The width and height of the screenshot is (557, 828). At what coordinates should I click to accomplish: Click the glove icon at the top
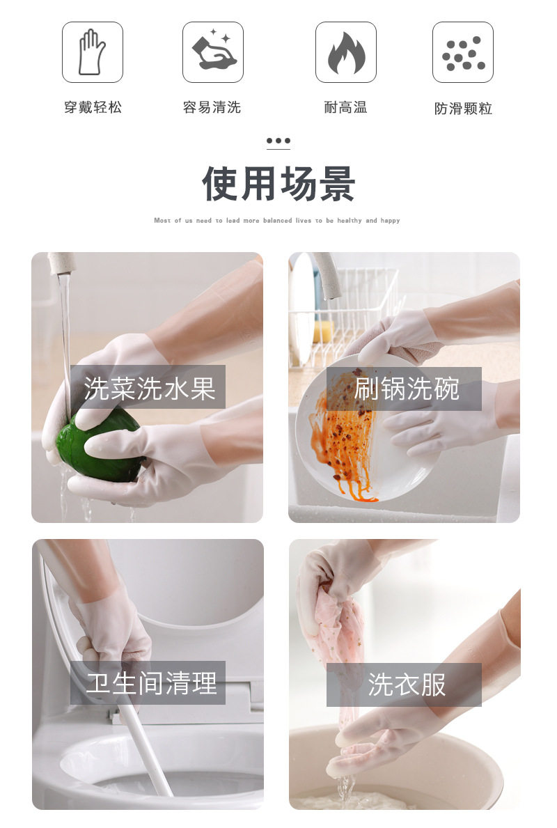[x=93, y=52]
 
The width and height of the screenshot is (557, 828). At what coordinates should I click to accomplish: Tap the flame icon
[x=346, y=52]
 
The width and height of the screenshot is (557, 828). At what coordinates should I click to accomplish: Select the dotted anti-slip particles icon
[x=463, y=52]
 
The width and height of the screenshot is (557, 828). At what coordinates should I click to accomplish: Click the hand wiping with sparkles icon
[x=213, y=52]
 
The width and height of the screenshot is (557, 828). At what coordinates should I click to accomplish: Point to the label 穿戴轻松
[x=93, y=108]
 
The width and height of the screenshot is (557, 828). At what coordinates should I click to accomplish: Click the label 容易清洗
[x=212, y=108]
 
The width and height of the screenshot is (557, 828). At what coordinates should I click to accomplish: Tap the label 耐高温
[x=346, y=108]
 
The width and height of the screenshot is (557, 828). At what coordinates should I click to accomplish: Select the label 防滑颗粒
[x=463, y=109]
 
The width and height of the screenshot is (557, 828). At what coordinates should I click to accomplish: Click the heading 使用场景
[x=278, y=184]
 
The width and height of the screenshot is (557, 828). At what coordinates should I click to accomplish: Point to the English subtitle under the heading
[x=277, y=220]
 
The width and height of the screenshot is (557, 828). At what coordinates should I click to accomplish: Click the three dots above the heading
[x=278, y=141]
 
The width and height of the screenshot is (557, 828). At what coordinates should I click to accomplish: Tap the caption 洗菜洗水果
[x=150, y=388]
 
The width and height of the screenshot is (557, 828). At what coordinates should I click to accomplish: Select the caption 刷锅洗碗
[x=407, y=389]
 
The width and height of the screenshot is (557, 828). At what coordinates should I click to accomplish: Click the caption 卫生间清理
[x=152, y=682]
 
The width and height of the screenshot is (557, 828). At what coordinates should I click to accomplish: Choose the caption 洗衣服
[x=407, y=685]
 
